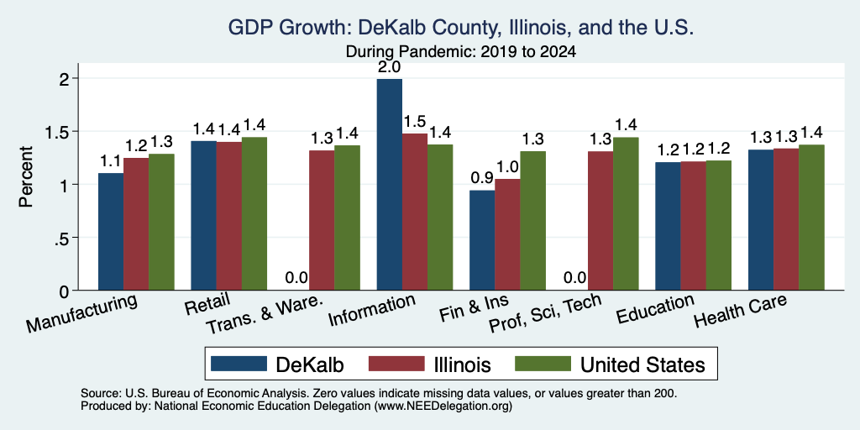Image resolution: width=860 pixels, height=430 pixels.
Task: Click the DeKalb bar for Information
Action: click(390, 184)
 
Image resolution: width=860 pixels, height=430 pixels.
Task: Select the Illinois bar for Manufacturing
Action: click(136, 223)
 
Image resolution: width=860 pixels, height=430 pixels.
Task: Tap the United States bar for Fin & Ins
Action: click(533, 221)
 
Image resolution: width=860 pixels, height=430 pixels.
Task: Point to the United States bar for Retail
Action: click(254, 213)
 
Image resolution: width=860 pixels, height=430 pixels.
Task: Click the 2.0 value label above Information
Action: click(390, 67)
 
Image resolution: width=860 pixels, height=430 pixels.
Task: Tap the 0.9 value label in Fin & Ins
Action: click(483, 178)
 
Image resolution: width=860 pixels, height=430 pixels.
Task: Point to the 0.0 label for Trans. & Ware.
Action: click(296, 278)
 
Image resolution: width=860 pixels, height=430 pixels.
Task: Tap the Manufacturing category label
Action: click(81, 313)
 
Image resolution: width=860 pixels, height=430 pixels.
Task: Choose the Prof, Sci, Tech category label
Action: click(544, 313)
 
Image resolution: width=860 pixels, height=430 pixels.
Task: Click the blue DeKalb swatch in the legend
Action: click(238, 364)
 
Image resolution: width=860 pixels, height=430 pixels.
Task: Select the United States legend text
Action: click(642, 364)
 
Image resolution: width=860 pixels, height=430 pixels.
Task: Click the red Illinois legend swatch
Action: click(396, 364)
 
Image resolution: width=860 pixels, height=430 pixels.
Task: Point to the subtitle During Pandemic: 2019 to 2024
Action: click(461, 52)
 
